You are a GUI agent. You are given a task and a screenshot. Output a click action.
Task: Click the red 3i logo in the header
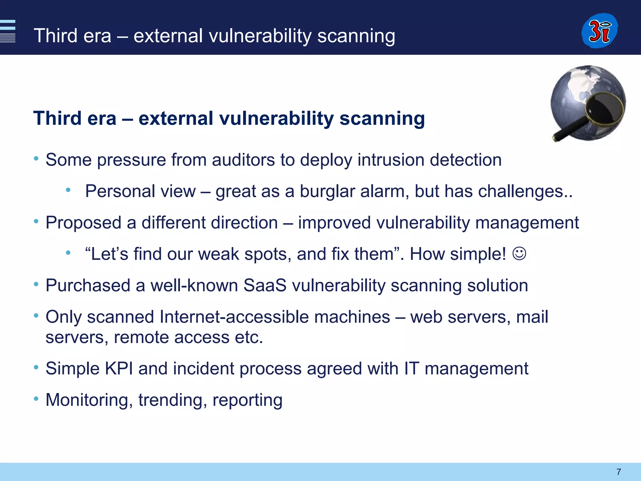[599, 31]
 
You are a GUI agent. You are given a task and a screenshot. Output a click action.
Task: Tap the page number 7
[618, 472]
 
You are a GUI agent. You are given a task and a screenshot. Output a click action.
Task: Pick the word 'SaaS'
[265, 286]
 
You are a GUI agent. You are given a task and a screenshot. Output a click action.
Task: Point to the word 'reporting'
[247, 400]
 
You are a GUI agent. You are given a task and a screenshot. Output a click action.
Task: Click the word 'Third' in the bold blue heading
[57, 119]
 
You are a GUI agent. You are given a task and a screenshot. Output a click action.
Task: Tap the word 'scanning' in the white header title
[356, 36]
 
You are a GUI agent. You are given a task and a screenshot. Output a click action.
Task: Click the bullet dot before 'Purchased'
[36, 284]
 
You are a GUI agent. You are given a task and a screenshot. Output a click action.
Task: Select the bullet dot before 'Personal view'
[68, 190]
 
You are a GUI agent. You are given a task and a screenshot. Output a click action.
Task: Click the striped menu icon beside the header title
[8, 31]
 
